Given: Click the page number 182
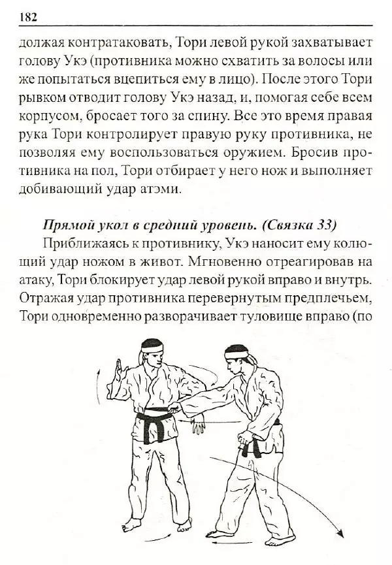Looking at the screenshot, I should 29,17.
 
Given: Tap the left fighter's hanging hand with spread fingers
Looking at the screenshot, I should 198,427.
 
